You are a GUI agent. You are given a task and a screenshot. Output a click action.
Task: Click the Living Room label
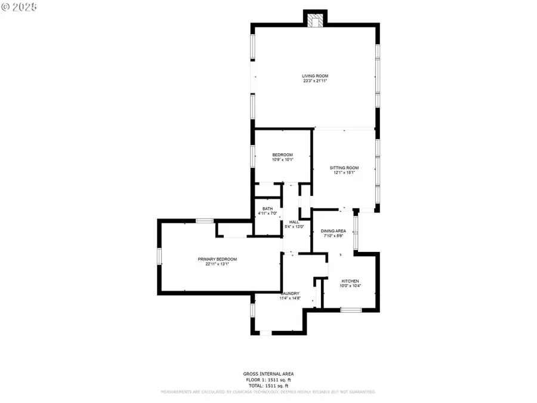tap(315, 76)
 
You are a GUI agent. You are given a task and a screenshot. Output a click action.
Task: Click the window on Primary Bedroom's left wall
tap(159, 256)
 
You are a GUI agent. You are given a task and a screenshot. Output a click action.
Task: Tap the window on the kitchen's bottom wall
tap(351, 310)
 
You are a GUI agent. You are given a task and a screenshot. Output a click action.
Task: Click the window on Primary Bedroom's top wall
tap(205, 221)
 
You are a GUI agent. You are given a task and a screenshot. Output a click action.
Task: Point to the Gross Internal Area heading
tap(268, 374)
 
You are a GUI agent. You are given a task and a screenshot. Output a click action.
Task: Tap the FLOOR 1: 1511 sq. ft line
tap(268, 379)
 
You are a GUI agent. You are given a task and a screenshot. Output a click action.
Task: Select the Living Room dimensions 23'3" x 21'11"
tap(315, 81)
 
